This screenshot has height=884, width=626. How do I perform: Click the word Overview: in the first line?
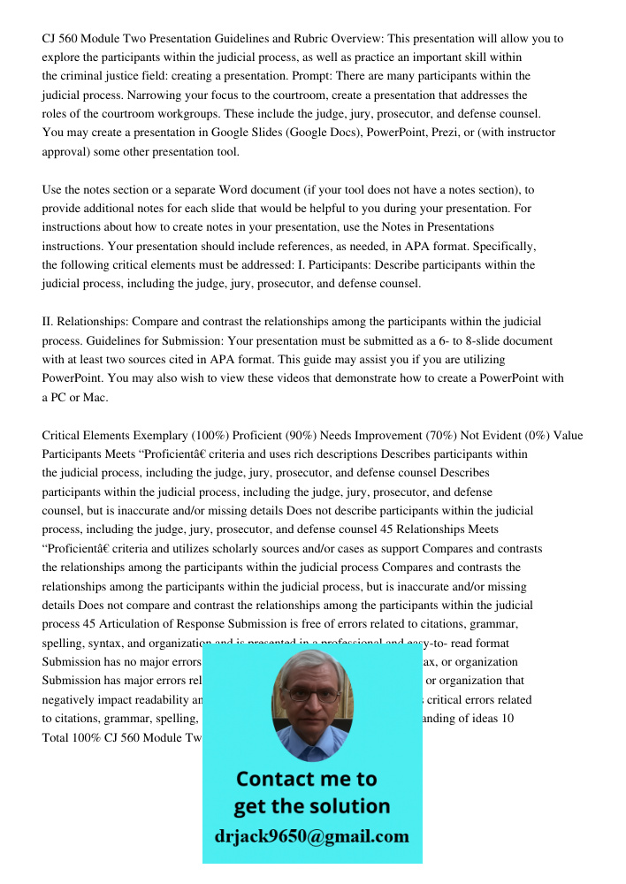point(332,39)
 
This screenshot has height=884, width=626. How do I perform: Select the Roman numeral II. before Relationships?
point(49,322)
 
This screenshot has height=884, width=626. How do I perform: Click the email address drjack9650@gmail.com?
point(311,836)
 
